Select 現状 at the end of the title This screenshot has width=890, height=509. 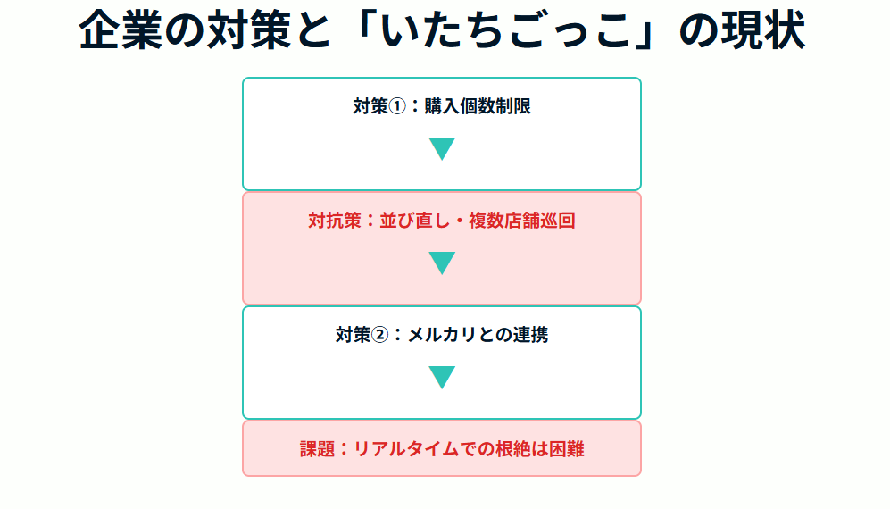tap(763, 30)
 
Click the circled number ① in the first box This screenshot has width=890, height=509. tap(397, 106)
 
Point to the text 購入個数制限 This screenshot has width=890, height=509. tap(478, 106)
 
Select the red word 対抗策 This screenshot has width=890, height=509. tap(335, 221)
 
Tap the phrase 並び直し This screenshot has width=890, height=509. tap(415, 221)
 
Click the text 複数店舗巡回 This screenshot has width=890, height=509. tap(522, 221)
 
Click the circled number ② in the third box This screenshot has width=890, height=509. tap(379, 335)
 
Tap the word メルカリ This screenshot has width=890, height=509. tap(442, 335)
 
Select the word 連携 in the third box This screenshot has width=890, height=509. tap(531, 335)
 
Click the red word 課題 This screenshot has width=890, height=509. tap(317, 449)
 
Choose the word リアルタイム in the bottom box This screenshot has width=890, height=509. tap(406, 449)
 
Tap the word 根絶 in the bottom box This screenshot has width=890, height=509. tap(513, 449)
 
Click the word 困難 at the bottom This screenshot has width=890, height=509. tap(567, 449)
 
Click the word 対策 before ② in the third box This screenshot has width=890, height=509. tap(353, 335)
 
